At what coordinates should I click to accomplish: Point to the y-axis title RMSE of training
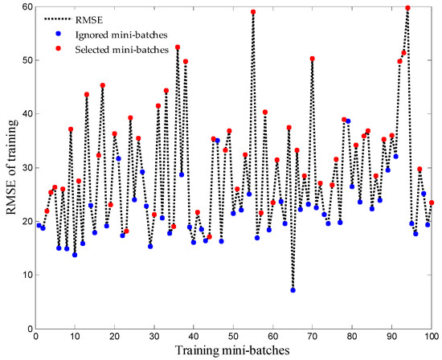click(x=10, y=168)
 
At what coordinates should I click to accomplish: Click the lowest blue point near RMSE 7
click(x=293, y=290)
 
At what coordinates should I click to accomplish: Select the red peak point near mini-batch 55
click(x=253, y=12)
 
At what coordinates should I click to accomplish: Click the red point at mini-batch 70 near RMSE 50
click(x=312, y=59)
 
